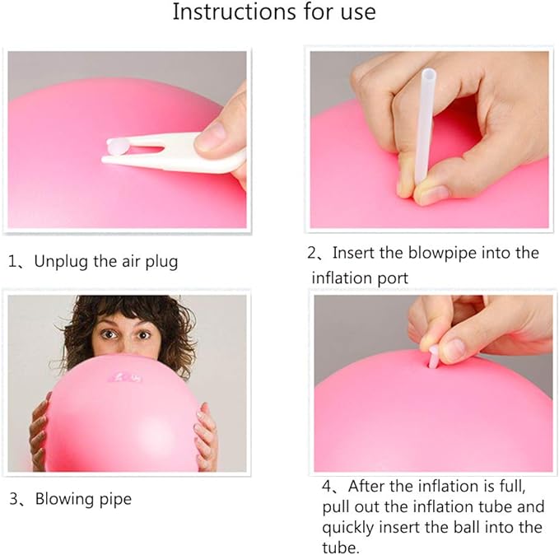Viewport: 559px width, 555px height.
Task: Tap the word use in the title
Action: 354,12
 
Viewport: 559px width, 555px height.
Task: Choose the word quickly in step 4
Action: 350,527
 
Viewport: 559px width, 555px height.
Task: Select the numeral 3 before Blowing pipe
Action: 14,498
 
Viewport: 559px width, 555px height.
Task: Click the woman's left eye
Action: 145,334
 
